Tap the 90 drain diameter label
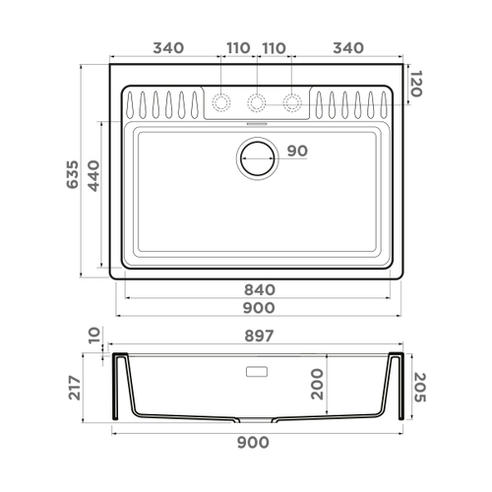(297, 152)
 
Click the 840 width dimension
(259, 290)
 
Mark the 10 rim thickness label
(93, 338)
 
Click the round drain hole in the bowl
(258, 156)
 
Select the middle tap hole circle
(257, 101)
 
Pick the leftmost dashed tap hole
(221, 101)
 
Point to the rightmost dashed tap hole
(292, 101)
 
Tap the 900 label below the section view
(254, 443)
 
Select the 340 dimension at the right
(348, 47)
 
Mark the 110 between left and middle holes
(238, 47)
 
